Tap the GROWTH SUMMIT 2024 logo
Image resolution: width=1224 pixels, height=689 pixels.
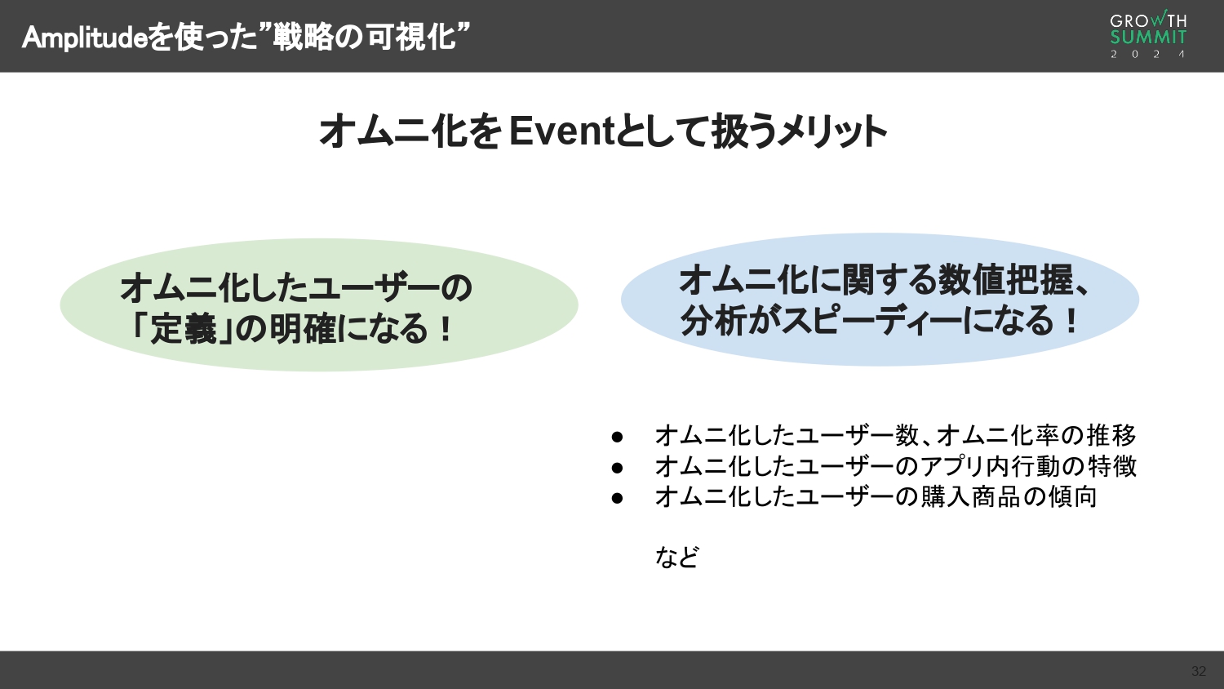tap(1148, 36)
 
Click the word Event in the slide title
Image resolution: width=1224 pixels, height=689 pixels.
tap(561, 131)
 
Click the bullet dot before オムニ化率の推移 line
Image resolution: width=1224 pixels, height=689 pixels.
tap(617, 437)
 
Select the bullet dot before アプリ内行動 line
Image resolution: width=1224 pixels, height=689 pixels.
tap(617, 467)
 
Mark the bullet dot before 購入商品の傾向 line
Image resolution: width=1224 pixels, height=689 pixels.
tap(617, 497)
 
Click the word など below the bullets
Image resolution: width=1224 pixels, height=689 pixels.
tap(676, 557)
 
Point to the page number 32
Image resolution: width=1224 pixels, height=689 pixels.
tap(1198, 671)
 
